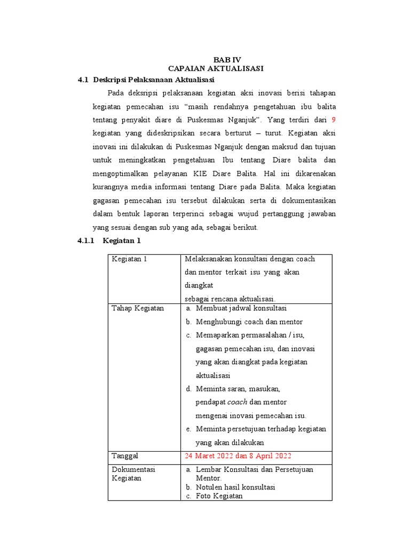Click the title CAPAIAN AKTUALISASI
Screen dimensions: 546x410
(216, 69)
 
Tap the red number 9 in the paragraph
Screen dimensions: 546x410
(334, 119)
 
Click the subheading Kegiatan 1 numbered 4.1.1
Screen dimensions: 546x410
(122, 240)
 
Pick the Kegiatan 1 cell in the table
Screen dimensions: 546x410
(129, 259)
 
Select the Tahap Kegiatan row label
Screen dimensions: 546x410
(138, 308)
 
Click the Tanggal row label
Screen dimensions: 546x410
(125, 456)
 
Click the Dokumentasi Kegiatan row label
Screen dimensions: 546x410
(133, 473)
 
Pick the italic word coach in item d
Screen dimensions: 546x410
(238, 402)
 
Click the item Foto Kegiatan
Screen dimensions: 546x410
(219, 496)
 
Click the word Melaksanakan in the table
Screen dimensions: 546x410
(206, 259)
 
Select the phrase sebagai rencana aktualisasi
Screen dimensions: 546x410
(230, 299)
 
